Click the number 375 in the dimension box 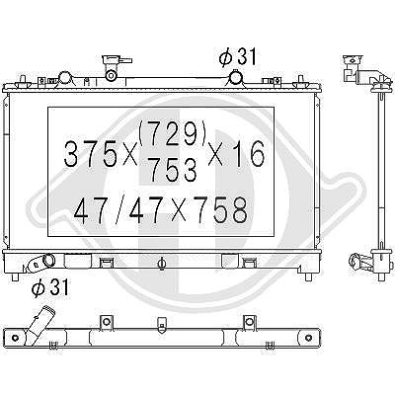coord(90,154)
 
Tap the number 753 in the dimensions coord(173,169)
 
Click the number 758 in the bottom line coord(220,209)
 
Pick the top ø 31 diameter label coord(237,56)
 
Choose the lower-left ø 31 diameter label coord(50,287)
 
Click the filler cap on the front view coord(114,61)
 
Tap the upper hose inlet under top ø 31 coord(235,79)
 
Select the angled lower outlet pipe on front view coord(40,263)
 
